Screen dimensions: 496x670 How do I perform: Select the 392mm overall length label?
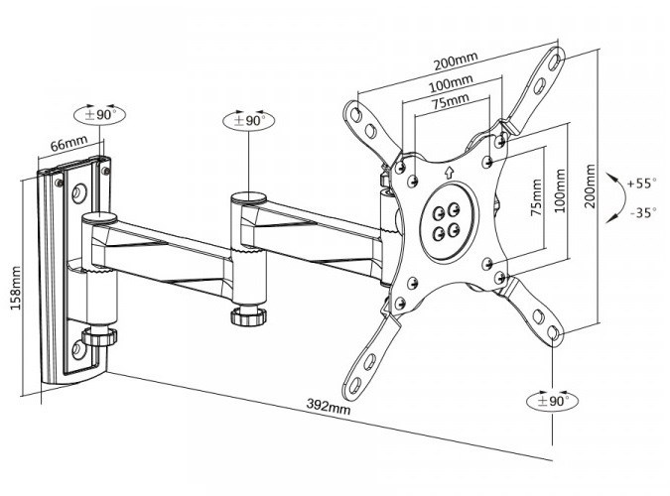click(x=330, y=407)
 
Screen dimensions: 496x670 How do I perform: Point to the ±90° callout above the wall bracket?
click(x=101, y=114)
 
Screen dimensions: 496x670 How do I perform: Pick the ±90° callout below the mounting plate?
click(x=552, y=402)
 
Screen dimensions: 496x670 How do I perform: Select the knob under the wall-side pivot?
click(x=98, y=336)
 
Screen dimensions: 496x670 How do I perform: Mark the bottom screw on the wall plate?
click(x=78, y=349)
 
